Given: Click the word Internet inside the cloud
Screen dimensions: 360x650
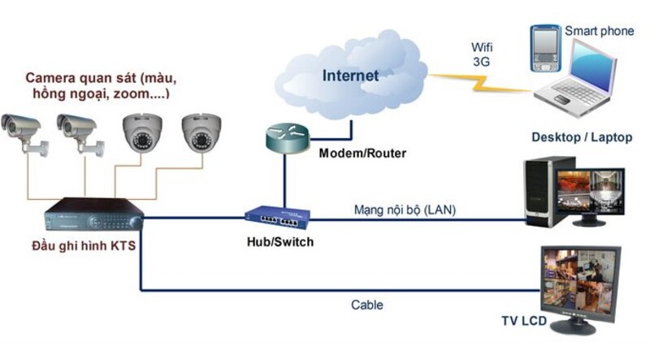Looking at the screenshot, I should [351, 76].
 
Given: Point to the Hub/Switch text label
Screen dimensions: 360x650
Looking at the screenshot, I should [280, 242].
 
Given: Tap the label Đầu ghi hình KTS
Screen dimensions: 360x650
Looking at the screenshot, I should [84, 245].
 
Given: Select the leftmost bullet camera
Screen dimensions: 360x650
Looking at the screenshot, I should [21, 130].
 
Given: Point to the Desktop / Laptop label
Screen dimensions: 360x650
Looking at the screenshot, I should [582, 137].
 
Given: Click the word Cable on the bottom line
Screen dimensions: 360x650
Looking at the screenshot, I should [367, 306].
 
